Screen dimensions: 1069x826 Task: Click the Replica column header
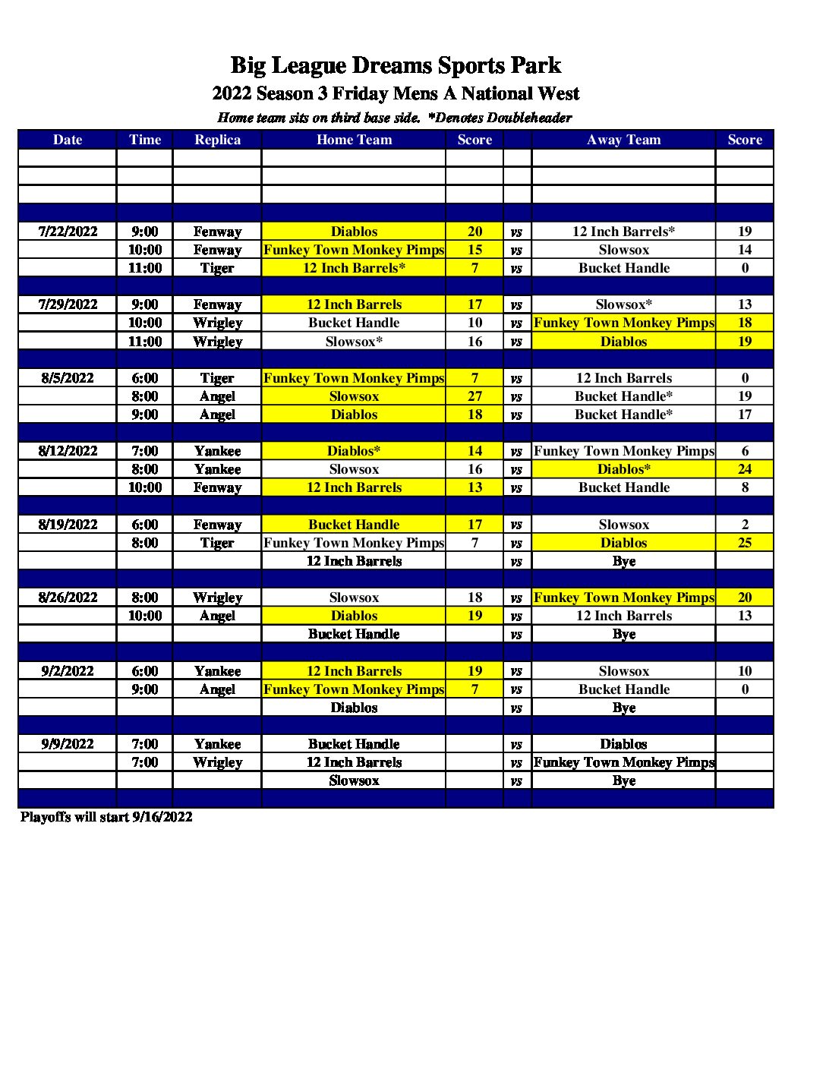point(217,140)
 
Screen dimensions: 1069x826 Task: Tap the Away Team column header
point(623,140)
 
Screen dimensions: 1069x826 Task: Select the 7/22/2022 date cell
point(68,232)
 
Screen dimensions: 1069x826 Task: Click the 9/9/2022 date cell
point(68,744)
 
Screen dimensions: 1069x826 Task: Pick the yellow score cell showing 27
point(474,396)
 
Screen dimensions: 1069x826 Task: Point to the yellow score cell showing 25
point(744,543)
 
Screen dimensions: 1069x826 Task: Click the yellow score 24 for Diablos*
point(744,469)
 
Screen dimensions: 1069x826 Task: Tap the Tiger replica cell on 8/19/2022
point(217,543)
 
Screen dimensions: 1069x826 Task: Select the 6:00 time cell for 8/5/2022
point(144,378)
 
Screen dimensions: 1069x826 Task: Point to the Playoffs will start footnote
point(106,817)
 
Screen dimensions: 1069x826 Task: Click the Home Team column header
point(354,140)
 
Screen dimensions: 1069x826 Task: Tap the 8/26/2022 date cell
point(68,598)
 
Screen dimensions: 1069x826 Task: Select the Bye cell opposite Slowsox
point(623,780)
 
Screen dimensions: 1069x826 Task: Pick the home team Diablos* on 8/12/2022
point(354,451)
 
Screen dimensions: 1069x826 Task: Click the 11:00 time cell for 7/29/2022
point(144,342)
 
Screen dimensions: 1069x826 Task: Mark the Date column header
point(68,140)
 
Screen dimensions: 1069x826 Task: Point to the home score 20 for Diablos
point(474,232)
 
